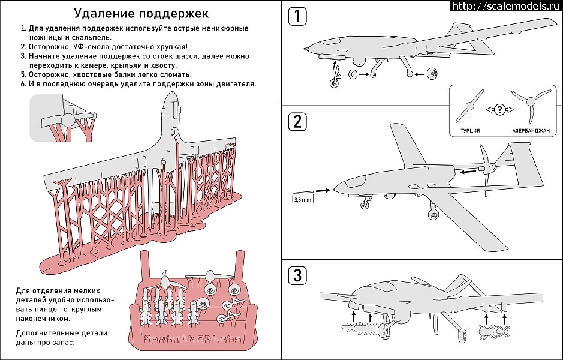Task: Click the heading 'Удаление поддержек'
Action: click(141, 14)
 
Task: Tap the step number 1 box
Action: click(297, 16)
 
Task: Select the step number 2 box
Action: click(297, 121)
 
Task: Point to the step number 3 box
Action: click(297, 275)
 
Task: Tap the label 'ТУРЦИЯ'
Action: click(469, 130)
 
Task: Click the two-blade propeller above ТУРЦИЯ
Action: click(469, 105)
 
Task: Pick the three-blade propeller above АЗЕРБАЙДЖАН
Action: click(531, 104)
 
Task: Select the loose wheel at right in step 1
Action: click(433, 75)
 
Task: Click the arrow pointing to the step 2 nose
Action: click(323, 190)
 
